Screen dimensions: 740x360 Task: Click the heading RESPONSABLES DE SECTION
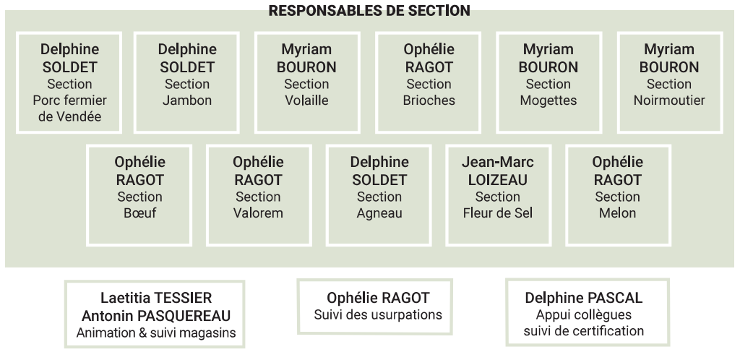369,10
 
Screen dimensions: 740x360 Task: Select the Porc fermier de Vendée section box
69,82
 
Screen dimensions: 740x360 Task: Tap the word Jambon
187,100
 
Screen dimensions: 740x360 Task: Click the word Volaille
306,100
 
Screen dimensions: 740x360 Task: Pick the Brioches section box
429,82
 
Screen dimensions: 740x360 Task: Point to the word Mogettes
548,100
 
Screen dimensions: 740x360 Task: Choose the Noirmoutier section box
670,82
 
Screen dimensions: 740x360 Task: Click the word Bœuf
139,213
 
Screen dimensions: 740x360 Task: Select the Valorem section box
259,195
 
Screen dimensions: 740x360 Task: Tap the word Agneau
379,213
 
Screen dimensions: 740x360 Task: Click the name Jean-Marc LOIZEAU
498,171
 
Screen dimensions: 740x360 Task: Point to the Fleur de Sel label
498,213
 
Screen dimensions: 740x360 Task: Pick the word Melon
617,213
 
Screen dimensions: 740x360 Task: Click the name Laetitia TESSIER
156,298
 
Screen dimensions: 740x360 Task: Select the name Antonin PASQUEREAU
156,316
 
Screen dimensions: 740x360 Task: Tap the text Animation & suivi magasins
156,333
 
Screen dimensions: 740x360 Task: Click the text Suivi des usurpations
378,314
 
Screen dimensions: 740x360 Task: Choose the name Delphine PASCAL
584,298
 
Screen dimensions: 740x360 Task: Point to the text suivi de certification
584,331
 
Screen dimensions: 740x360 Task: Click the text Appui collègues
584,314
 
